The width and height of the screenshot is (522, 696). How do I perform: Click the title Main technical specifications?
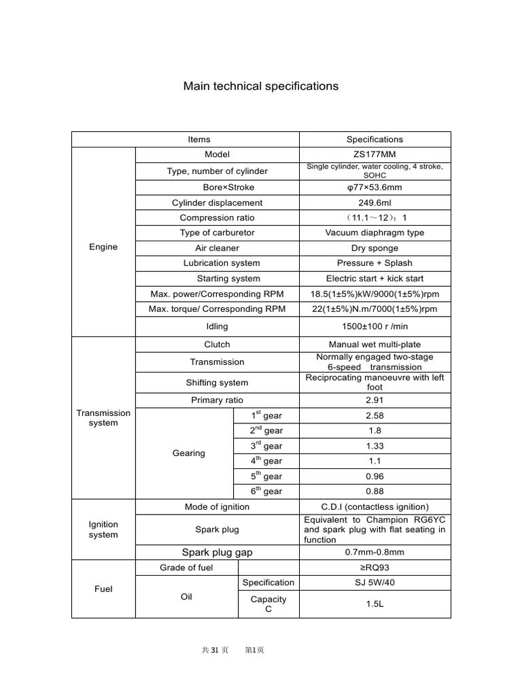pyautogui.click(x=260, y=86)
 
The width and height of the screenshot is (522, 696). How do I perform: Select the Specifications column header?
pyautogui.click(x=375, y=139)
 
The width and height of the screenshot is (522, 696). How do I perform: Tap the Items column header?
pyautogui.click(x=198, y=139)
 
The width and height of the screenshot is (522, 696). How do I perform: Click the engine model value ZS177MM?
pyautogui.click(x=375, y=155)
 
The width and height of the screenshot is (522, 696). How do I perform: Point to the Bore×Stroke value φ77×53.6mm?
pyautogui.click(x=375, y=188)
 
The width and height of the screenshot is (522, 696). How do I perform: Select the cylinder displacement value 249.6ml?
pyautogui.click(x=375, y=203)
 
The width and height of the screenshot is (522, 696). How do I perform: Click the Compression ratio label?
pyautogui.click(x=217, y=217)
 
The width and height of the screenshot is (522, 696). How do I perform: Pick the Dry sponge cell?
pyautogui.click(x=375, y=248)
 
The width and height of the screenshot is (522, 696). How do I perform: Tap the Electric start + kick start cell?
pyautogui.click(x=375, y=279)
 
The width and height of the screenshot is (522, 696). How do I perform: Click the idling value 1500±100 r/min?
pyautogui.click(x=375, y=327)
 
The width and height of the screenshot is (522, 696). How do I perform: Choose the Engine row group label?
pyautogui.click(x=103, y=247)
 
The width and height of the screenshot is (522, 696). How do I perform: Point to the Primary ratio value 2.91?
pyautogui.click(x=375, y=400)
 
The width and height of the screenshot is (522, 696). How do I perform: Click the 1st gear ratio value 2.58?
pyautogui.click(x=375, y=415)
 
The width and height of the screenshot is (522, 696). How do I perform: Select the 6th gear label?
pyautogui.click(x=266, y=491)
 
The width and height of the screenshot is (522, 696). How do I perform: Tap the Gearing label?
pyautogui.click(x=189, y=453)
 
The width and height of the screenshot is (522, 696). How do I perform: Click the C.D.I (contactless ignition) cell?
pyautogui.click(x=375, y=507)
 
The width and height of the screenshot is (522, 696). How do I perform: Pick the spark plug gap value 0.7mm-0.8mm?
pyautogui.click(x=375, y=553)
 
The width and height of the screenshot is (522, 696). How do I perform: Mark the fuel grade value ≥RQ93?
pyautogui.click(x=375, y=568)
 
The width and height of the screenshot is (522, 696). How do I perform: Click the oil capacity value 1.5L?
pyautogui.click(x=375, y=604)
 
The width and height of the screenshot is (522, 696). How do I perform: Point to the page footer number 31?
pyautogui.click(x=215, y=650)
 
